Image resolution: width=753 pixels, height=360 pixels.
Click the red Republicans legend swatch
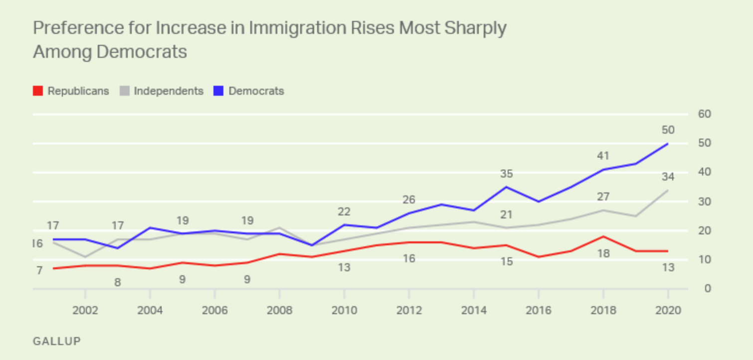[x=37, y=91]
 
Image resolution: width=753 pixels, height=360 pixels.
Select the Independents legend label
[x=169, y=91]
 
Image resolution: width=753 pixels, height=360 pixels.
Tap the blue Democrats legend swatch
[x=218, y=91]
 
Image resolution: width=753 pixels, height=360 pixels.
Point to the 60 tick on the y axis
[x=704, y=114]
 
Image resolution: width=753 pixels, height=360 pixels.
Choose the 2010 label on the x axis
[x=344, y=310]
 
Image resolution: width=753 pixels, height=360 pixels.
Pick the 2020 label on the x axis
[x=668, y=310]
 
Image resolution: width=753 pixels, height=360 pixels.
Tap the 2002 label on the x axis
[x=85, y=310]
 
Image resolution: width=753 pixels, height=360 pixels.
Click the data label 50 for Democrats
[x=668, y=130]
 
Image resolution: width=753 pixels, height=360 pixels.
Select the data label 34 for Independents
[x=668, y=177]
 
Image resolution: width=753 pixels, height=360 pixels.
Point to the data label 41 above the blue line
[x=603, y=156]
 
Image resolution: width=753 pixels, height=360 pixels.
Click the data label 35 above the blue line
[x=507, y=174]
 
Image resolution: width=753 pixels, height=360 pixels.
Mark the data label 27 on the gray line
[x=603, y=197]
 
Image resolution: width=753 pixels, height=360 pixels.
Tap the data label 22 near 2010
[x=344, y=212]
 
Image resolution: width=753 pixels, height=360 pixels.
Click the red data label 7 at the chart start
[x=39, y=271]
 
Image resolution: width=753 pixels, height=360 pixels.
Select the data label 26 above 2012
[x=409, y=200]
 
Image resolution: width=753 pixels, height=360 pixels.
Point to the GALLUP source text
[x=57, y=342]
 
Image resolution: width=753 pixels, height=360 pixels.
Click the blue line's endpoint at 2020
[x=668, y=144]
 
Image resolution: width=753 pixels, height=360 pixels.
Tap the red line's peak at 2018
[x=603, y=236]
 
